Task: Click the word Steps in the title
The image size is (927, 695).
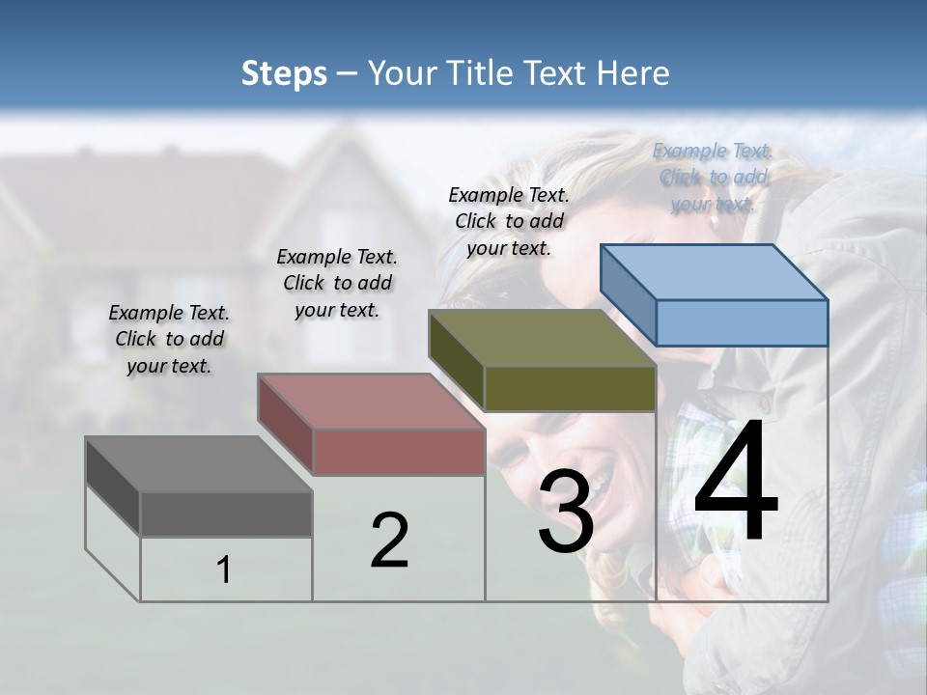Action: click(284, 73)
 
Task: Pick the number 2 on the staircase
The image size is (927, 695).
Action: click(389, 541)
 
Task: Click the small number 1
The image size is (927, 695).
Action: click(224, 570)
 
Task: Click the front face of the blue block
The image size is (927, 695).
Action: click(742, 322)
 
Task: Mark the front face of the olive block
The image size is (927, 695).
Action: click(570, 388)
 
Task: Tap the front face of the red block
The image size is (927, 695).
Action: click(399, 452)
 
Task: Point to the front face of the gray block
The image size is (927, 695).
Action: click(226, 514)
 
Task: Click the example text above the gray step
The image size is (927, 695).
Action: click(169, 339)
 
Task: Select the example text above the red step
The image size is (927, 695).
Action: click(337, 283)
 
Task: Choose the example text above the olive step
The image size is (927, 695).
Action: click(509, 221)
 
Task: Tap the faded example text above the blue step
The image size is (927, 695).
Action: click(713, 177)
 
